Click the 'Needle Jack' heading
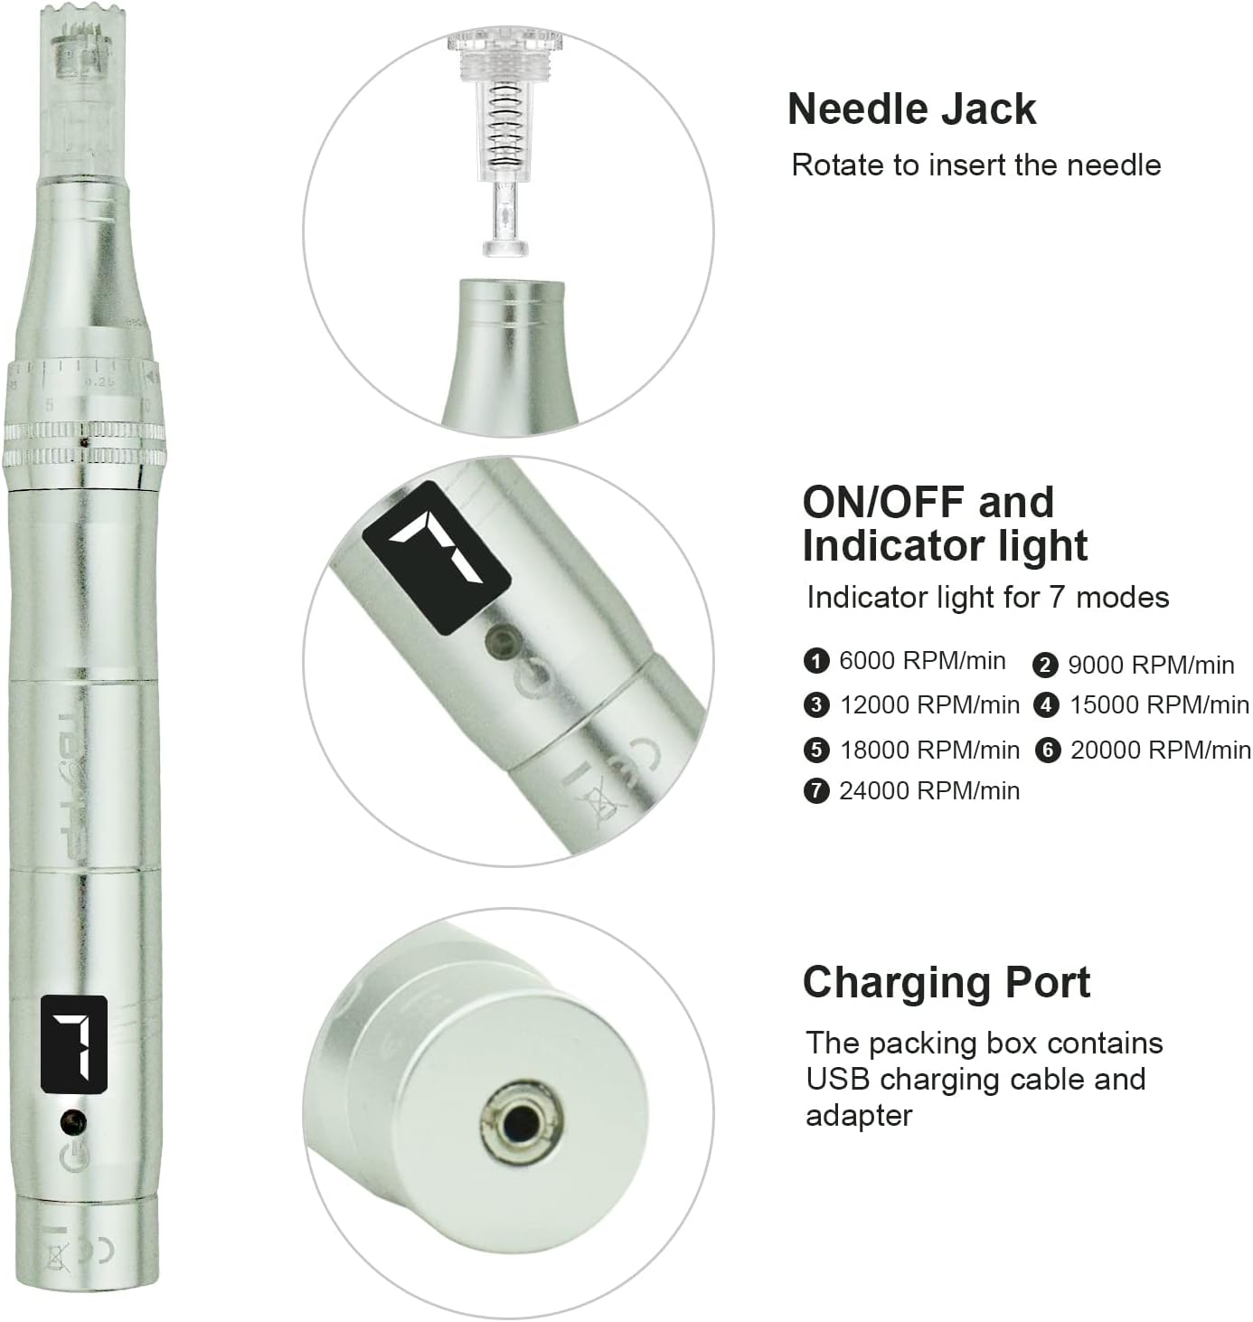tap(911, 109)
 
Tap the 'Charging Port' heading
tap(947, 984)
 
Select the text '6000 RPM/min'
tap(922, 660)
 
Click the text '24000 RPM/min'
tap(929, 791)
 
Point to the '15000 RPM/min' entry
tap(1160, 704)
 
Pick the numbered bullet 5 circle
tap(816, 750)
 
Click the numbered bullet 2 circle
tap(1045, 665)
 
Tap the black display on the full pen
tap(74, 1044)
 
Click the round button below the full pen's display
tap(73, 1122)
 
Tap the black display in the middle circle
tap(437, 557)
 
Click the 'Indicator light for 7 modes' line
tap(988, 597)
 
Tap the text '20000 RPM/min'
tap(1161, 750)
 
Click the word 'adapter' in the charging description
tap(859, 1116)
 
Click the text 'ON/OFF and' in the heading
tap(928, 503)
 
